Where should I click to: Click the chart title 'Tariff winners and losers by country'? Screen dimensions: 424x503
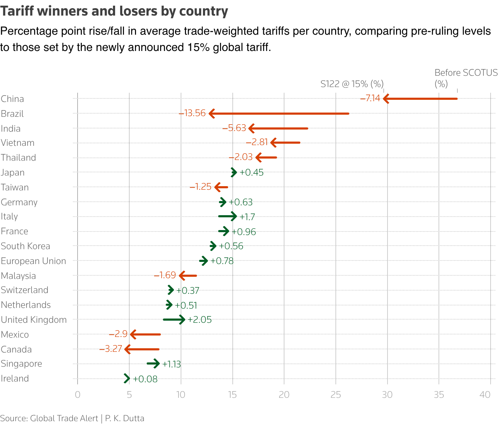pos(114,11)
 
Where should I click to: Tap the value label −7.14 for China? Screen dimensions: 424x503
pos(370,98)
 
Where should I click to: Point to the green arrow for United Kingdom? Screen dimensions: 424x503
pos(174,320)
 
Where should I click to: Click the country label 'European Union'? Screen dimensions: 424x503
pos(33,261)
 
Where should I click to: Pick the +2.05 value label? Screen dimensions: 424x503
pos(199,320)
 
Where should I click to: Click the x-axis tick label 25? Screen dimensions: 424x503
pos(335,395)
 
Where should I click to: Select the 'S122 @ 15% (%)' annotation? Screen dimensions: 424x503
pos(352,84)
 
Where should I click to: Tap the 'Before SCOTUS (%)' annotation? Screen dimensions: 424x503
pos(465,78)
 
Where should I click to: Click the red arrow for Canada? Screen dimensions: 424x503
pos(142,349)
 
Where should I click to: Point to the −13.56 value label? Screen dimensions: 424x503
pos(192,113)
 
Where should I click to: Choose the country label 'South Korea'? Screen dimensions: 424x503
pos(26,246)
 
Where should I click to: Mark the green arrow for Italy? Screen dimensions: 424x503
pos(227,216)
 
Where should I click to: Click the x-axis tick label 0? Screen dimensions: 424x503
pos(78,395)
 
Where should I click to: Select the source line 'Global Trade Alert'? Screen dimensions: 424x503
pos(64,418)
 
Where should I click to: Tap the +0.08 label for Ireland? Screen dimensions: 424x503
pos(145,379)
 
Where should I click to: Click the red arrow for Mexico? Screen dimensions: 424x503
pos(146,334)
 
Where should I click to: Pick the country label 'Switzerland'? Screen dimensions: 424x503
pos(24,290)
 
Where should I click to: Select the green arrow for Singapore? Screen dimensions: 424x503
pos(153,363)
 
